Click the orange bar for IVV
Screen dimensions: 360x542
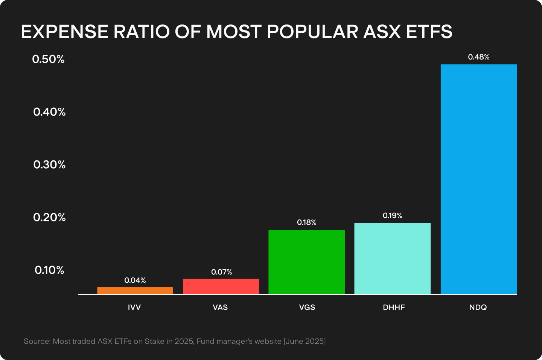pyautogui.click(x=135, y=290)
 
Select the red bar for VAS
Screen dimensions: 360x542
pyautogui.click(x=221, y=286)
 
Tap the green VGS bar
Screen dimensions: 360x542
pyautogui.click(x=306, y=262)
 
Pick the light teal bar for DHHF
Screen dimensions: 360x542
pyautogui.click(x=392, y=258)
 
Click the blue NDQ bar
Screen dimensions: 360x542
pyautogui.click(x=478, y=179)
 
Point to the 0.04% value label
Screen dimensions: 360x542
pyautogui.click(x=135, y=280)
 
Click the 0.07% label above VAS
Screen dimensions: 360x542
pyautogui.click(x=221, y=272)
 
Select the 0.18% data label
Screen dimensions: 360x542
pyautogui.click(x=306, y=223)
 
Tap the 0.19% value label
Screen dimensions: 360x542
pyautogui.click(x=392, y=215)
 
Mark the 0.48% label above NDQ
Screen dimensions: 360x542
pyautogui.click(x=478, y=57)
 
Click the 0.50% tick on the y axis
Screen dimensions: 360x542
pyautogui.click(x=49, y=59)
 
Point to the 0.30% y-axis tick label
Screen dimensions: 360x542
pyautogui.click(x=49, y=165)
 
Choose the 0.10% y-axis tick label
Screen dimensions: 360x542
pyautogui.click(x=49, y=270)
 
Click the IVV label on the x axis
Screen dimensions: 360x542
pyautogui.click(x=134, y=307)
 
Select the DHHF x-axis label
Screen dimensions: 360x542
pyautogui.click(x=394, y=307)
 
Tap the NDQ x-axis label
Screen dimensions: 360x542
pyautogui.click(x=478, y=307)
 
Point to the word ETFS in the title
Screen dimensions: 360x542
pyautogui.click(x=429, y=32)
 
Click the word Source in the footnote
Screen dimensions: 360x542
pyautogui.click(x=37, y=342)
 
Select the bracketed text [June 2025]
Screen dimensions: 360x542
pyautogui.click(x=304, y=342)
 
